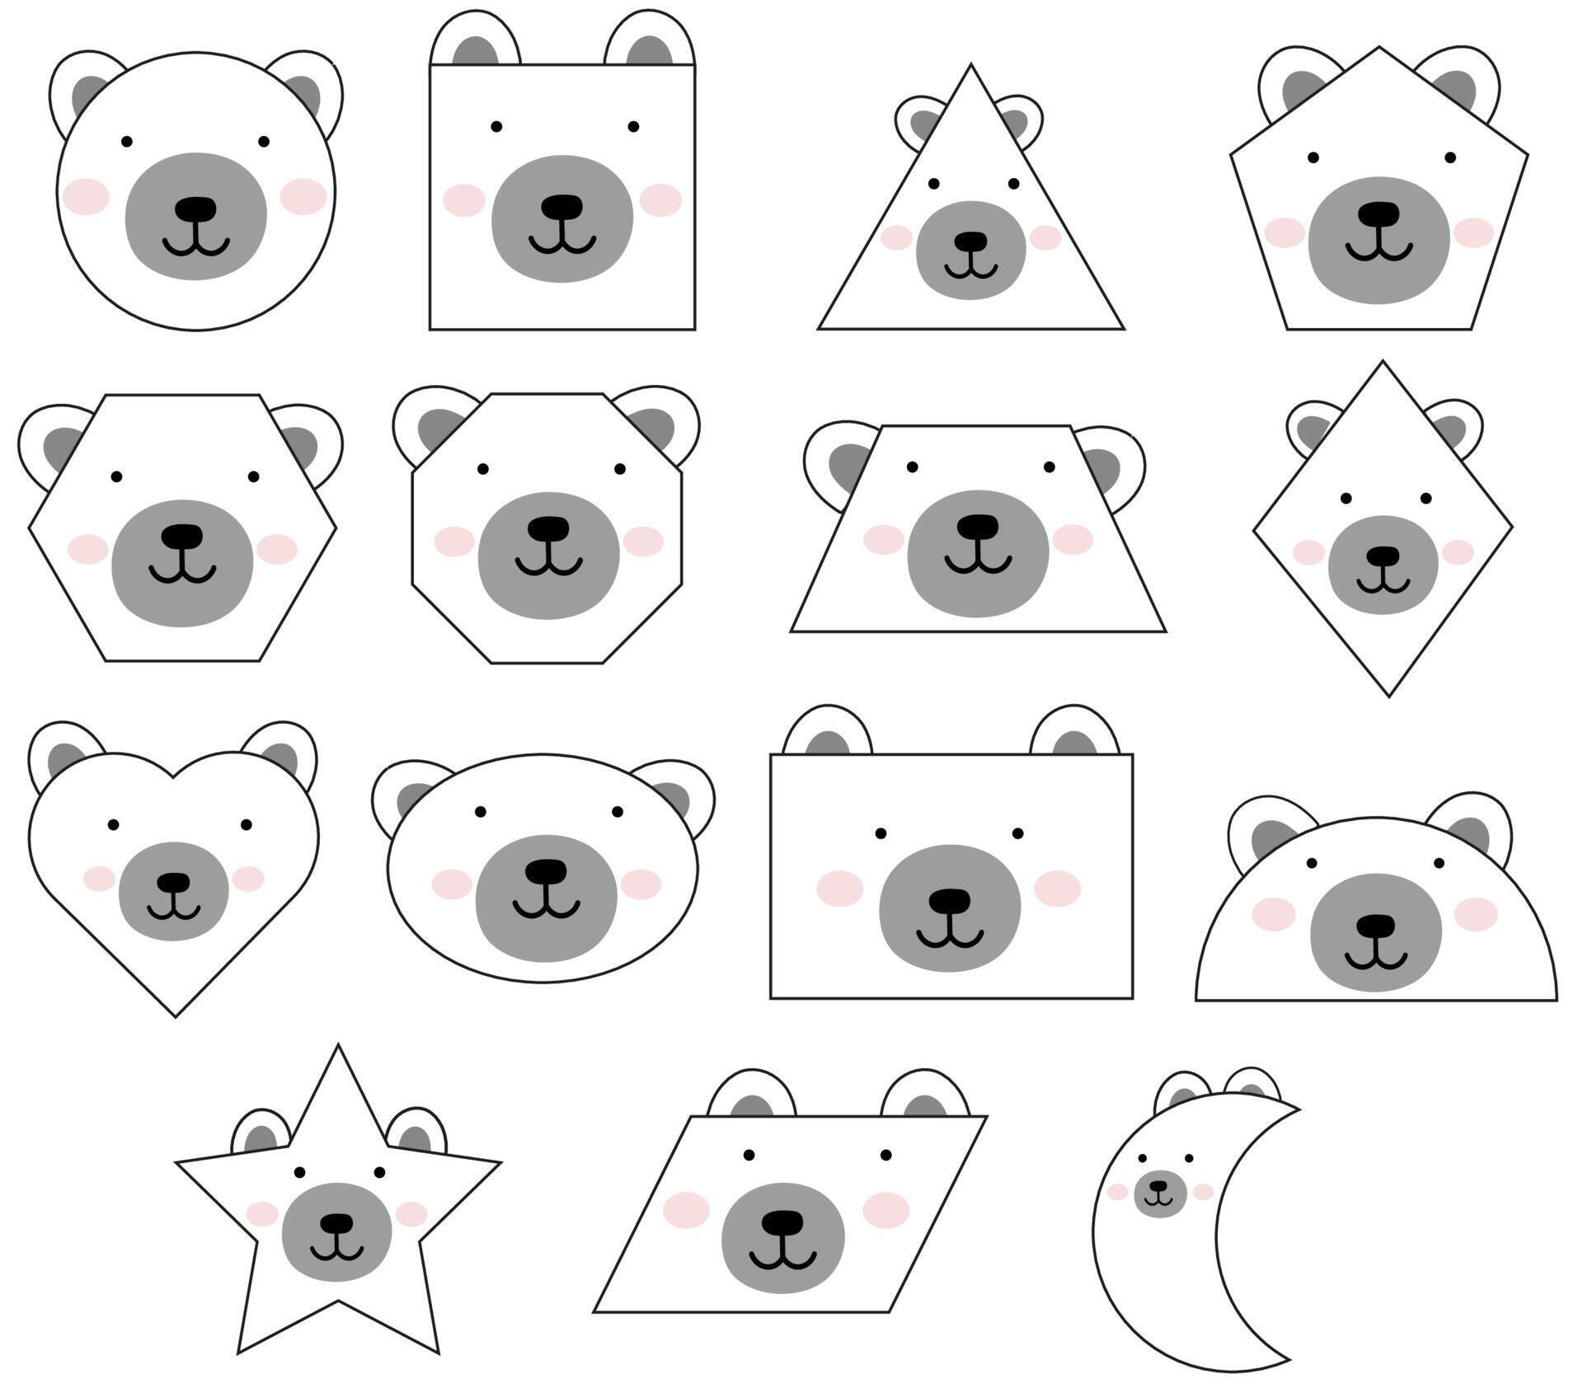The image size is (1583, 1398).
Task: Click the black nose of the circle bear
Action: click(x=196, y=209)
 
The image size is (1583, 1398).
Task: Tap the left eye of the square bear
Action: click(x=496, y=126)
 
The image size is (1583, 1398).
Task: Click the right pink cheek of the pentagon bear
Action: click(x=1473, y=232)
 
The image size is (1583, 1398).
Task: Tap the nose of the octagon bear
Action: click(x=548, y=528)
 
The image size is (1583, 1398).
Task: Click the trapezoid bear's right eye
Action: click(x=1049, y=467)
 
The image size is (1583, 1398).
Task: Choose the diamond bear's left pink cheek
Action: click(x=1308, y=552)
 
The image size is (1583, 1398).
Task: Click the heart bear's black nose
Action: click(x=173, y=883)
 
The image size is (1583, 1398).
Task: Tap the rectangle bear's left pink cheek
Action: click(x=839, y=889)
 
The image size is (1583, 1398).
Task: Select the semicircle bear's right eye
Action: click(x=1439, y=863)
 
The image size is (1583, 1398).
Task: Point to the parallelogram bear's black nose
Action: click(x=782, y=1222)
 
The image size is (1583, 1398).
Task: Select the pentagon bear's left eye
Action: click(x=1313, y=157)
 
